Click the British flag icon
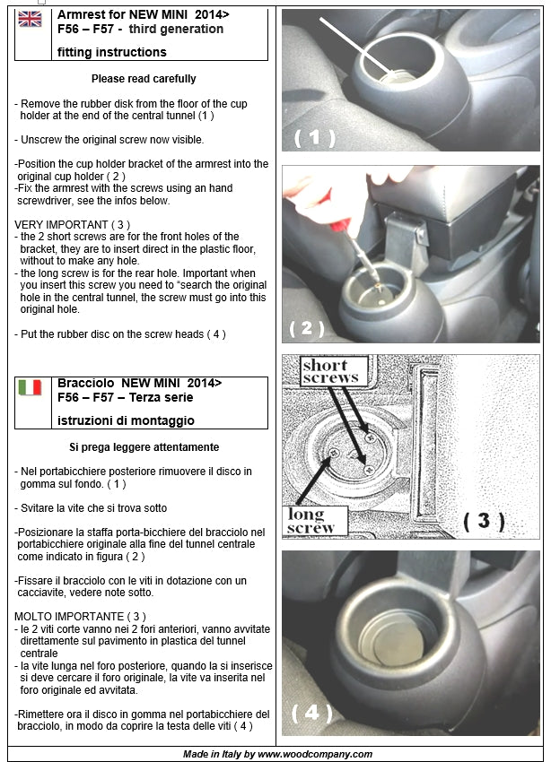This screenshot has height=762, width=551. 30,19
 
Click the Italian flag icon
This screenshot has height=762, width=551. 30,387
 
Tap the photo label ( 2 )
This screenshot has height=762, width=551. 307,328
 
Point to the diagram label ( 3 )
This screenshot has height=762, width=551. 485,521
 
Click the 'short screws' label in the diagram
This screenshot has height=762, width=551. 330,371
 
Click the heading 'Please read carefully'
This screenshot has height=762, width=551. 144,79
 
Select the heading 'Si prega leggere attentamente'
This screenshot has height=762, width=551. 144,446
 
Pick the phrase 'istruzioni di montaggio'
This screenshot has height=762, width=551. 126,420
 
